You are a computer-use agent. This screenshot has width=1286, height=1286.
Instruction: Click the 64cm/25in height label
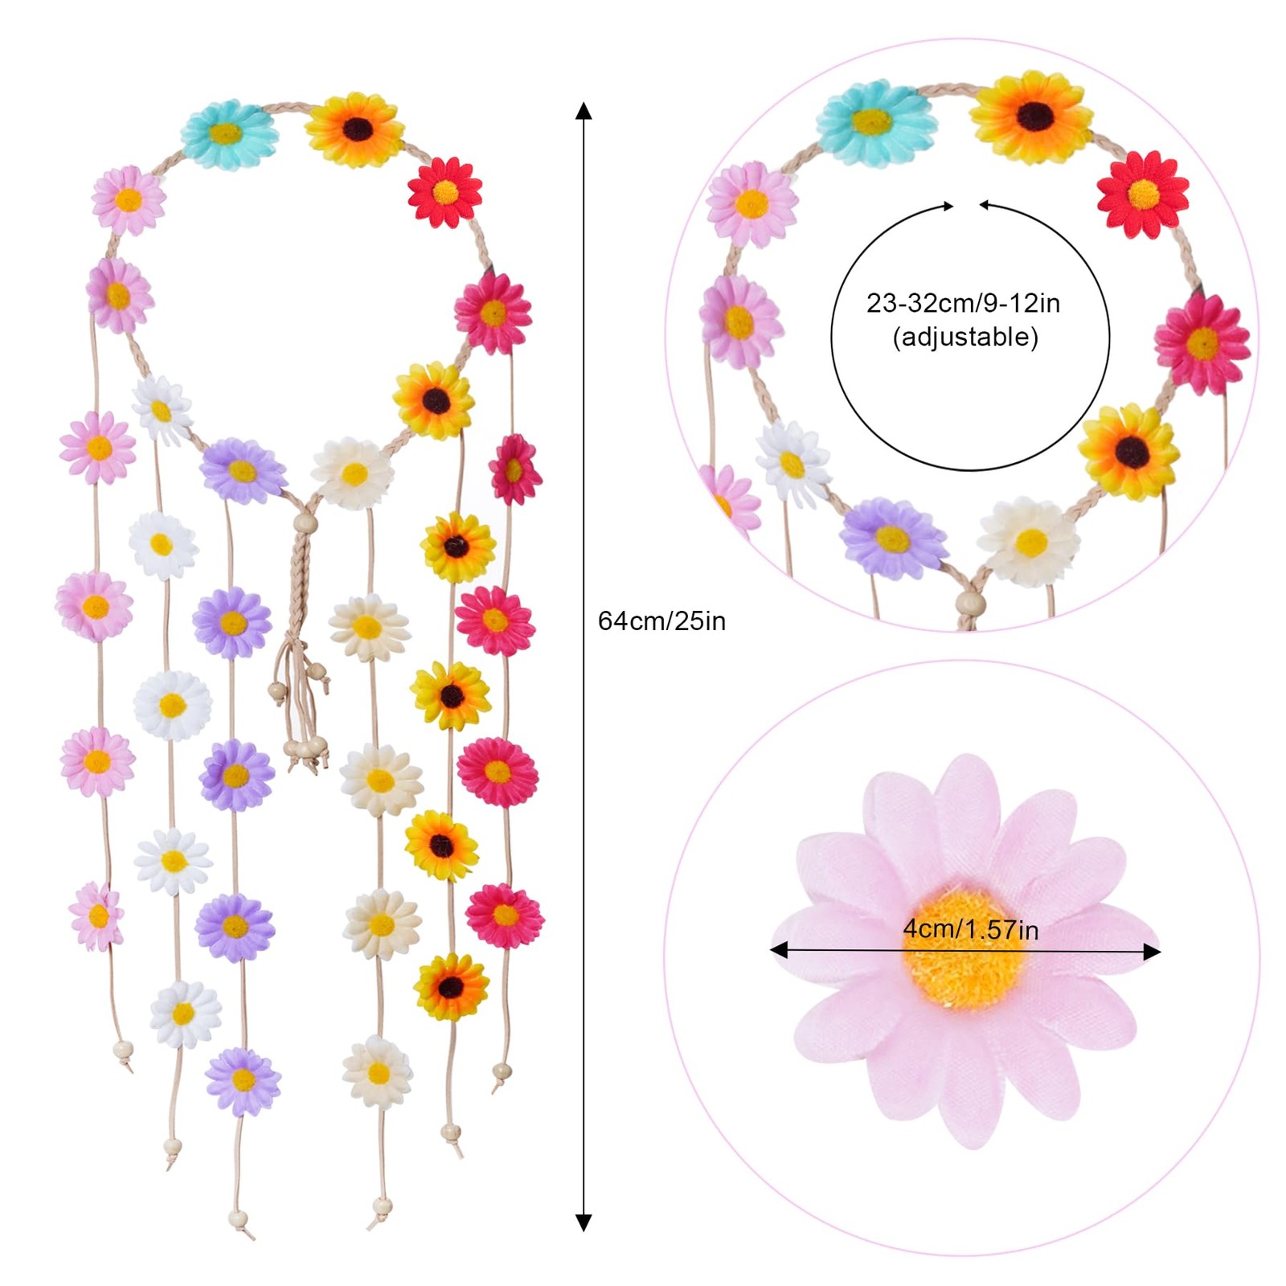[x=661, y=620]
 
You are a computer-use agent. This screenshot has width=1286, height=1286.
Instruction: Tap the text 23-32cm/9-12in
[x=962, y=303]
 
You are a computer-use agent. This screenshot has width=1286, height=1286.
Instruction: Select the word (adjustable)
[x=964, y=337]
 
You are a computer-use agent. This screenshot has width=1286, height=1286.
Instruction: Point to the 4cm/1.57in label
[x=970, y=929]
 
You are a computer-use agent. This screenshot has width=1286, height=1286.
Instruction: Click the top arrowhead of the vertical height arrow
[x=584, y=111]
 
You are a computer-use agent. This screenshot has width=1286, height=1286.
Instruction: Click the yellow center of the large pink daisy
[x=964, y=948]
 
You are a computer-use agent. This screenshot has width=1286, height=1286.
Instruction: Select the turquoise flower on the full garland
[x=228, y=133]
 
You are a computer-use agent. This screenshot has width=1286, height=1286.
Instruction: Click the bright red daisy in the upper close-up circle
[x=1142, y=194]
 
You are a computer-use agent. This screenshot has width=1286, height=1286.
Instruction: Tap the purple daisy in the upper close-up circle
[x=892, y=538]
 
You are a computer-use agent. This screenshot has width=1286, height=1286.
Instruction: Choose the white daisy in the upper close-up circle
[x=792, y=464]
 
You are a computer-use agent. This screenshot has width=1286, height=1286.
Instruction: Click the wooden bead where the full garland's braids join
[x=305, y=526]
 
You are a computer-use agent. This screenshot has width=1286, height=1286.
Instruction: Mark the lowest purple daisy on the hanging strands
[x=243, y=1080]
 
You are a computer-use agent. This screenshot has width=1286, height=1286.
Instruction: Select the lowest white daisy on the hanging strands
[x=184, y=1014]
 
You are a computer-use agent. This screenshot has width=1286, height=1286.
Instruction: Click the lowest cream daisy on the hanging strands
[x=377, y=1072]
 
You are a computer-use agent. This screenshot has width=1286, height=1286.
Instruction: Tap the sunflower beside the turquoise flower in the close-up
[x=1033, y=117]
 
